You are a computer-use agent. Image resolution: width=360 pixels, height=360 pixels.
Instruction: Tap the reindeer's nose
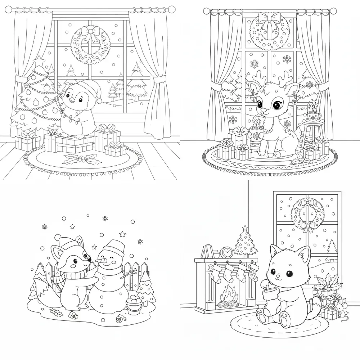[x=264, y=110]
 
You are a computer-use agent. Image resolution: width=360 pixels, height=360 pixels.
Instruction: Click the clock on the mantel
[x=226, y=252]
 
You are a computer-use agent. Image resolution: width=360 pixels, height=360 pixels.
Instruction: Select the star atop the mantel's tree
[x=245, y=228]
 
